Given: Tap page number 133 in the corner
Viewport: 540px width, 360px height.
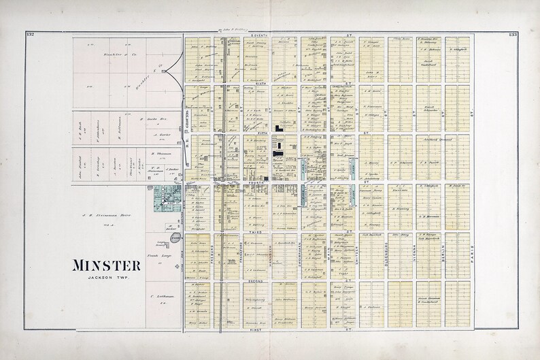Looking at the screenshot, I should pos(512,34).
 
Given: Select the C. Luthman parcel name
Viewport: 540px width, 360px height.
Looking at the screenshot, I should pos(157,297).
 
